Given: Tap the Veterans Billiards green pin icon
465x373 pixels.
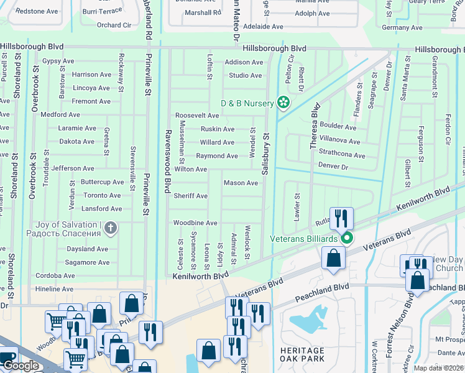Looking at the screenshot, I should pos(348,238).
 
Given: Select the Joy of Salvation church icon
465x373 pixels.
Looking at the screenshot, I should pos(111,228).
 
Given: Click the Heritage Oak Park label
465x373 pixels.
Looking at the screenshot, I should pos(302,355).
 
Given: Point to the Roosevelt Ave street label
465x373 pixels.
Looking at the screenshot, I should pos(197,116).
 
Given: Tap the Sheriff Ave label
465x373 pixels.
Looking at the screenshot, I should pos(190,196).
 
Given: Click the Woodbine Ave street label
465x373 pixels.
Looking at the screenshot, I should pos(195,223).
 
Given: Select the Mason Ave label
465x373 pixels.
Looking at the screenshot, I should pos(241,183).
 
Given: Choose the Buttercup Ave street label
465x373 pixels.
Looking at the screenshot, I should pos(103,182).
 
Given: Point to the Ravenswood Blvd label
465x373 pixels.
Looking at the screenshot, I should pos(167,161).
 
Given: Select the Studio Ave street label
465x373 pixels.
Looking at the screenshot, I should pos(245,75).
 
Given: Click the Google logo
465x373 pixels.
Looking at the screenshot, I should pos(20,366).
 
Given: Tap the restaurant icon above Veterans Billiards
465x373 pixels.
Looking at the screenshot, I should pos(341,218).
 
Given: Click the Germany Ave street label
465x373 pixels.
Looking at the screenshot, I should pos(402,27).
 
